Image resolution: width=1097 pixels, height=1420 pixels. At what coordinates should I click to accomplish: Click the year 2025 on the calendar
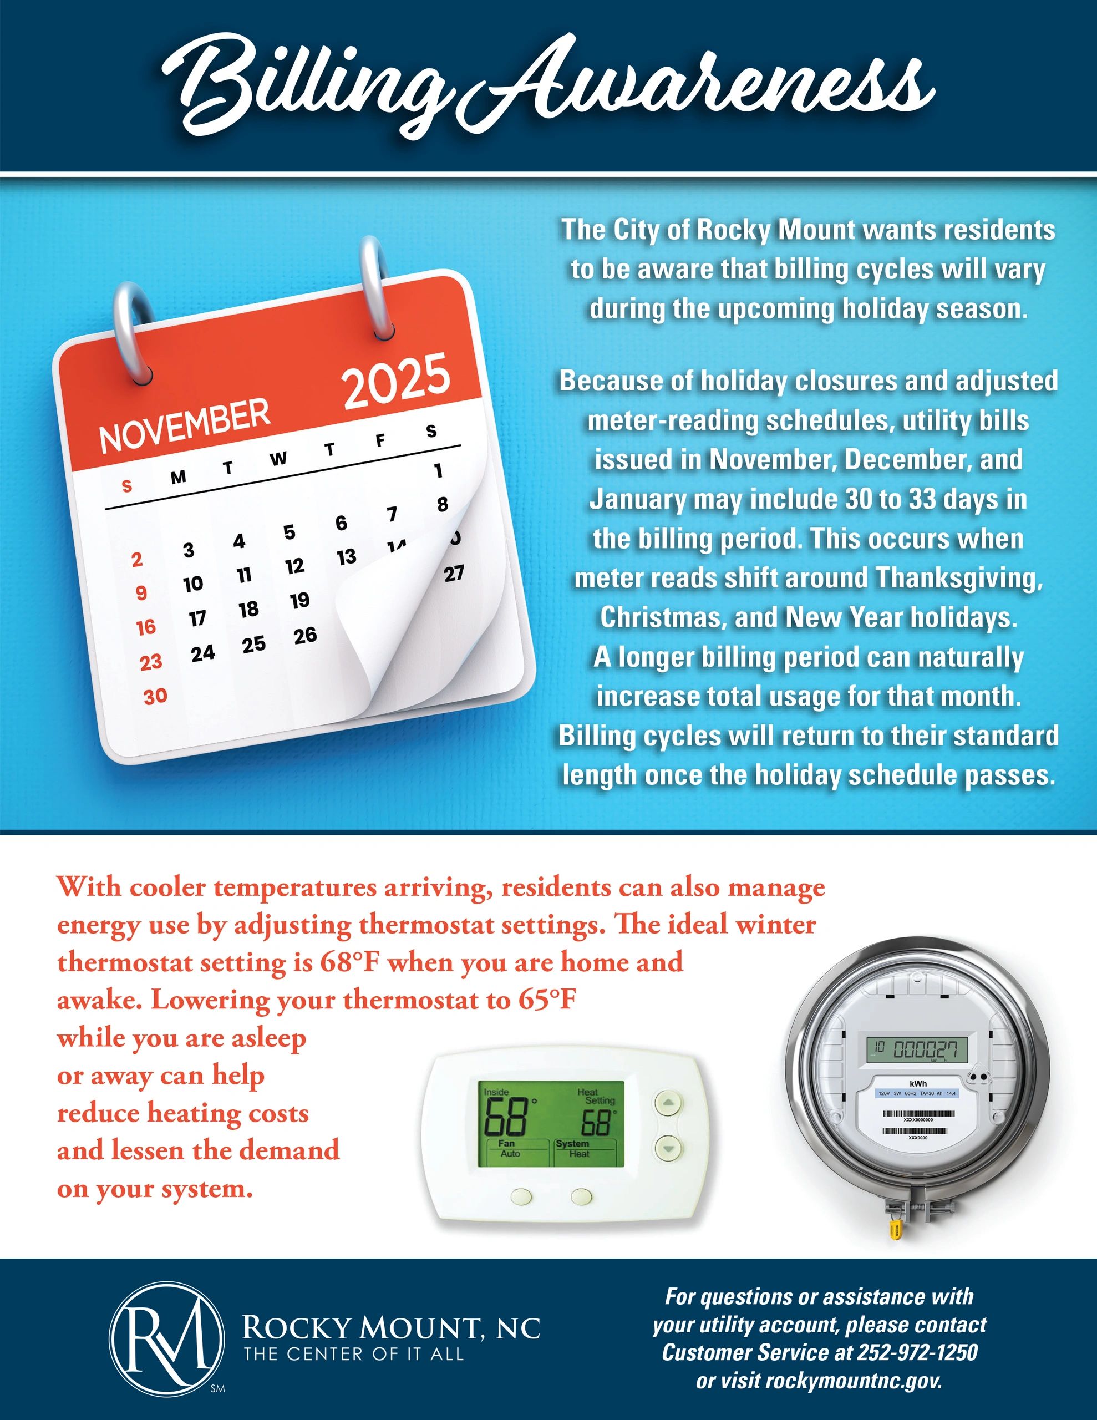tap(396, 382)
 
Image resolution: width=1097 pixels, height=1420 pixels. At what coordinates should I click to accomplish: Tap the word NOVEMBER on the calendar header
tap(185, 426)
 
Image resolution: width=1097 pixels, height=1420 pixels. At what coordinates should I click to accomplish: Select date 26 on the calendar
tap(305, 635)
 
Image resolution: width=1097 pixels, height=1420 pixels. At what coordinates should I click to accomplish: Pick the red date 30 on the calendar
tap(155, 696)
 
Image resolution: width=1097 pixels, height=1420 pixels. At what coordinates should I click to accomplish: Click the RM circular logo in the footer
tap(167, 1338)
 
